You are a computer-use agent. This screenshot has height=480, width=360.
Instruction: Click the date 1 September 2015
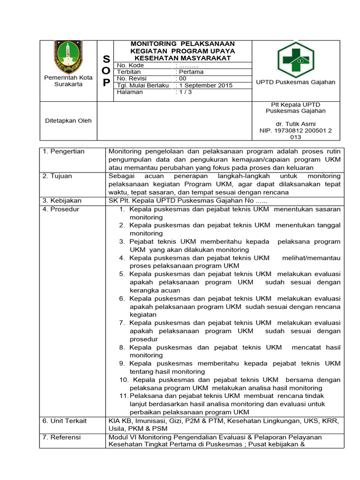204,85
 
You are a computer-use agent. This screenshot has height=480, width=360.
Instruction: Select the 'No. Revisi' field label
133,79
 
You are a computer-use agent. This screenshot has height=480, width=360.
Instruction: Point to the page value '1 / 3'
184,92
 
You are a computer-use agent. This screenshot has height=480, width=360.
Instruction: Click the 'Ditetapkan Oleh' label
68,120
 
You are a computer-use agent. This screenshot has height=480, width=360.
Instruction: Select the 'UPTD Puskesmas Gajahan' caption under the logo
296,82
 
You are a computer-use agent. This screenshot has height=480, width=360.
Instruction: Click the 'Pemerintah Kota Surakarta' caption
68,81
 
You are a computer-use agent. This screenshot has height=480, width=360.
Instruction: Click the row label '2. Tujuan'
57,176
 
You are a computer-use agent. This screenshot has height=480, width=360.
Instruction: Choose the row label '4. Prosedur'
61,209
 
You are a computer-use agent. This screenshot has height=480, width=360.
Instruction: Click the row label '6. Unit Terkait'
65,421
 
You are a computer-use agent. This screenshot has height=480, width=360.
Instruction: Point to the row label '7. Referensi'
61,437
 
